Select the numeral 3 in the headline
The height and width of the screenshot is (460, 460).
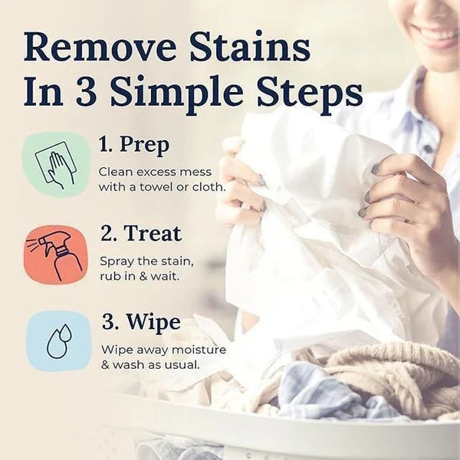pyautogui.click(x=86, y=90)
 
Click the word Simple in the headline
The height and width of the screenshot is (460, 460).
pyautogui.click(x=177, y=94)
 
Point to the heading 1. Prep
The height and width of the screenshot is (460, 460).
pyautogui.click(x=134, y=146)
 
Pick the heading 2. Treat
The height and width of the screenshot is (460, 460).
pyautogui.click(x=141, y=234)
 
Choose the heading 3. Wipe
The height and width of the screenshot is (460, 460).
pyautogui.click(x=141, y=322)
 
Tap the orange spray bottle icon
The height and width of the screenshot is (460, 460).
pyautogui.click(x=56, y=255)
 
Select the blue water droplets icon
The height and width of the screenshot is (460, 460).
pyautogui.click(x=59, y=341)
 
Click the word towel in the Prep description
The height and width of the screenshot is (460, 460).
pyautogui.click(x=156, y=187)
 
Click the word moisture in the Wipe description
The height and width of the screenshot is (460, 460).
pyautogui.click(x=199, y=350)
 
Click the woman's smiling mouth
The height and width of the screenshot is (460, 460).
pyautogui.click(x=434, y=33)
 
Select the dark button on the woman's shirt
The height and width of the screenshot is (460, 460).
pyautogui.click(x=428, y=148)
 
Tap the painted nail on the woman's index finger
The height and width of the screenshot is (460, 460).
pyautogui.click(x=376, y=169)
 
